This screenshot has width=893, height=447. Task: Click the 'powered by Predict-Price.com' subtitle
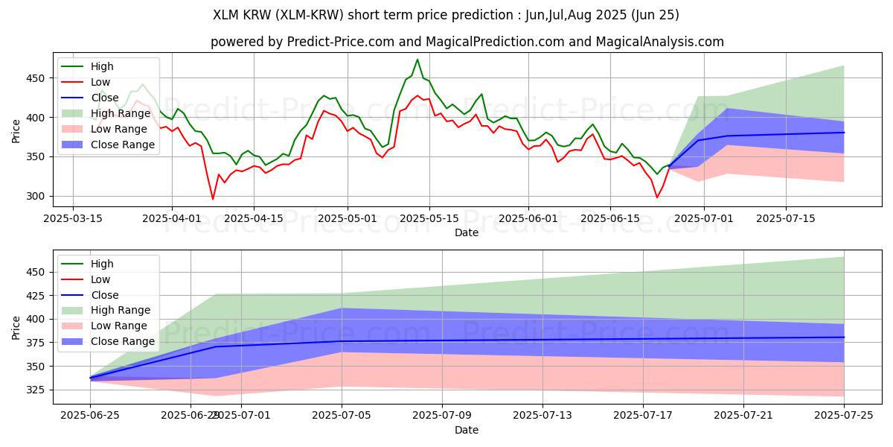click(x=467, y=42)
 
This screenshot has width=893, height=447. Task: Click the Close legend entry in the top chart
click(x=105, y=97)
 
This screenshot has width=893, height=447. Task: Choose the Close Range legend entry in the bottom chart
click(x=122, y=342)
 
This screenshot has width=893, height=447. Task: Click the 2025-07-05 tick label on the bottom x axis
click(x=342, y=416)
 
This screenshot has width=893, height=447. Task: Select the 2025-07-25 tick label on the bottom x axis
click(x=844, y=416)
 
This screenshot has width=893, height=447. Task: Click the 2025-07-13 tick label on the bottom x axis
click(x=542, y=416)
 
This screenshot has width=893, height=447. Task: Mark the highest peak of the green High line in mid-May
click(x=417, y=60)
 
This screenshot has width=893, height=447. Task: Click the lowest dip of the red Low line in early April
click(x=213, y=199)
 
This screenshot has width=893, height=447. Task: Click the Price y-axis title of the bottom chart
click(x=16, y=327)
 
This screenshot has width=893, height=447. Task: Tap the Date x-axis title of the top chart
click(x=467, y=232)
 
